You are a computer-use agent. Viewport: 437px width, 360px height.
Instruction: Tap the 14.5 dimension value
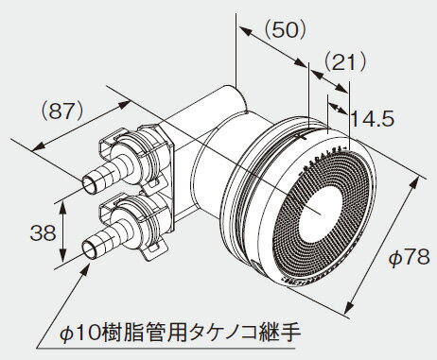pos(371,120)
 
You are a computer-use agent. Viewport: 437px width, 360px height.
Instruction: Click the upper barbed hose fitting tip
pos(94,178)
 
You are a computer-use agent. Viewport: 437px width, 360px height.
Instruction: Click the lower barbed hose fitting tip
pos(93,249)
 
